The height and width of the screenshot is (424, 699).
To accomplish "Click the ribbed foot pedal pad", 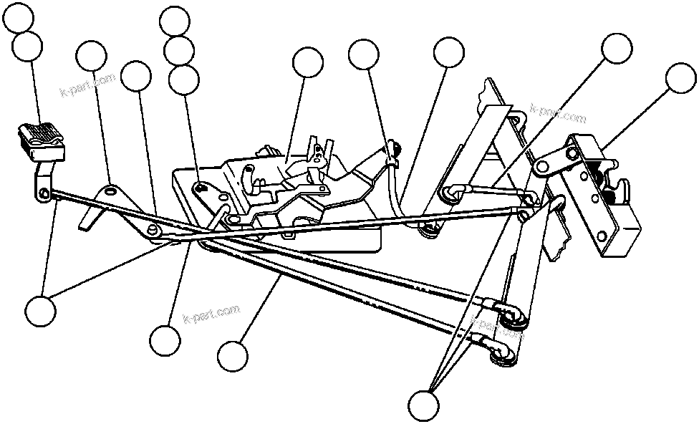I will (x=40, y=135).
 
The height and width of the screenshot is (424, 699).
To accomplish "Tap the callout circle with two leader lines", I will (x=40, y=312).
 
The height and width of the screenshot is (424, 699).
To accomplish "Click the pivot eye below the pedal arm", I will (x=44, y=193).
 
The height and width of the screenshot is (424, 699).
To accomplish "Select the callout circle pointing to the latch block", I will (x=680, y=79).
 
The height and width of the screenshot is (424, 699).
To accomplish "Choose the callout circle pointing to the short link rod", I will (x=617, y=49).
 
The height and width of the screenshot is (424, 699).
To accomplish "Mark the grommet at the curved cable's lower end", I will (x=430, y=228).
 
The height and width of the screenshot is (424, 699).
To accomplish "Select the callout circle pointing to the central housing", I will (x=308, y=63).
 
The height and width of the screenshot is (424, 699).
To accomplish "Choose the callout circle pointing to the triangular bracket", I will (x=91, y=57).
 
